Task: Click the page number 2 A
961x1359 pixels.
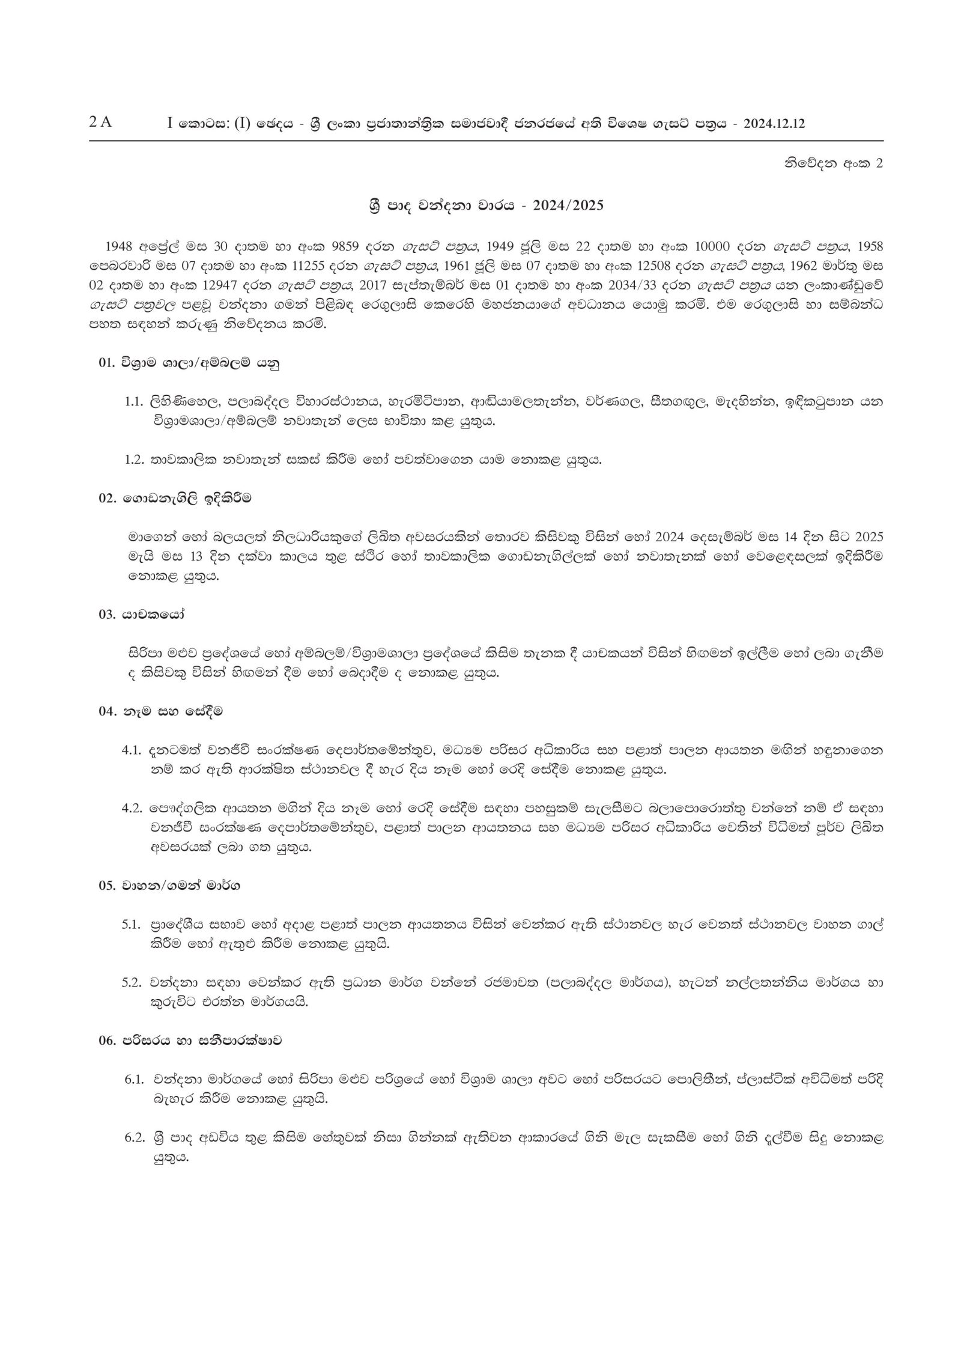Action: click(100, 122)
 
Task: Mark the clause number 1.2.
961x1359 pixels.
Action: click(133, 460)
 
